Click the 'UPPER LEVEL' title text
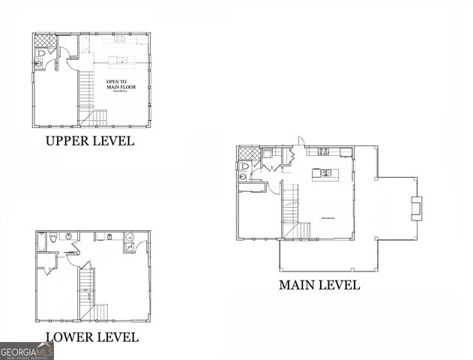[90, 141]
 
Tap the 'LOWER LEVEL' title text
[92, 337]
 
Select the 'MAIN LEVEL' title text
[319, 285]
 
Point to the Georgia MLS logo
[26, 350]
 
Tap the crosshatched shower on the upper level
[42, 41]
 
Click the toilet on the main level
[244, 176]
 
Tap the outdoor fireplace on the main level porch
[417, 206]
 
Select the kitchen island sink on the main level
[326, 173]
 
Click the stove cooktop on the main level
[324, 151]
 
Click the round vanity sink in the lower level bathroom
[68, 237]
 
